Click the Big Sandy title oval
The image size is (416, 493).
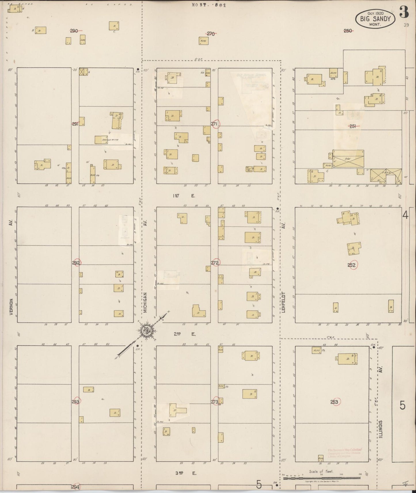[375, 19]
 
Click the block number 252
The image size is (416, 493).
[352, 265]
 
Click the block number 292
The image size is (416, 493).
[76, 263]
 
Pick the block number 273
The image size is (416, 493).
[215, 402]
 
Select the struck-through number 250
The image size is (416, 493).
[348, 30]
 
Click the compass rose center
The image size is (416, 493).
[147, 330]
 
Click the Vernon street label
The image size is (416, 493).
[11, 307]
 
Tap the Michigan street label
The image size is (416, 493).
[145, 303]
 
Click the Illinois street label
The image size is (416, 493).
[381, 429]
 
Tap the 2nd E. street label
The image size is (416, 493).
[184, 334]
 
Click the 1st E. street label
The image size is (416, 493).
[184, 196]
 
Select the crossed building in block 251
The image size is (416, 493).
[348, 158]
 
